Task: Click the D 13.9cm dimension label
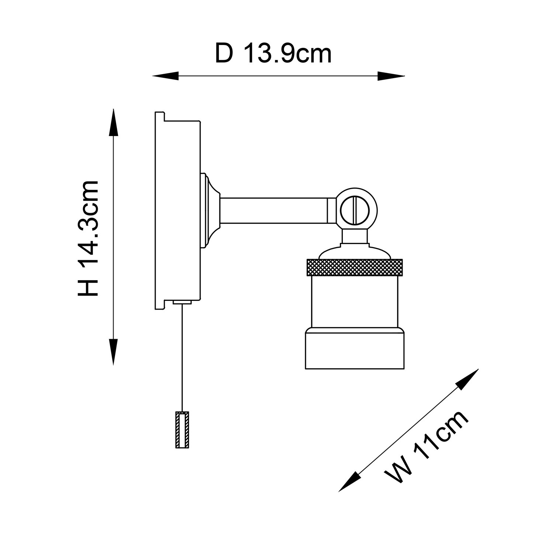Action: (x=273, y=54)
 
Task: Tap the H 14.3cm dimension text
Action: (x=88, y=239)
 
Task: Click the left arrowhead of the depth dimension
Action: (x=165, y=76)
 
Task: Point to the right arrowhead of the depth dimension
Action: (x=392, y=76)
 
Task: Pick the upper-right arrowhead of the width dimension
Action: (x=467, y=379)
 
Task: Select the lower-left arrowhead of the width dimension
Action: (x=349, y=481)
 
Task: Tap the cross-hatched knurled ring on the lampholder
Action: (x=354, y=267)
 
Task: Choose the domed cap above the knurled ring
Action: (x=354, y=252)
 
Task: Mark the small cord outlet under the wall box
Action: (x=182, y=302)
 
